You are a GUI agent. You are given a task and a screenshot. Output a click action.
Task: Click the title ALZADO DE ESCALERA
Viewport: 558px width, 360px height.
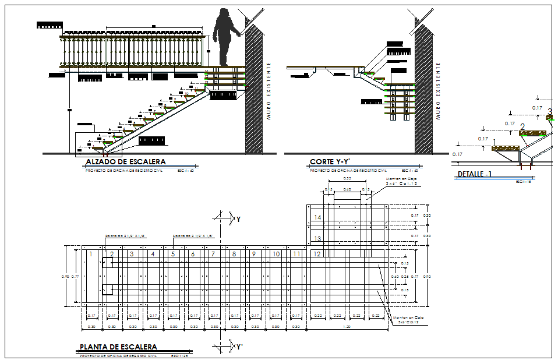pos(125,162)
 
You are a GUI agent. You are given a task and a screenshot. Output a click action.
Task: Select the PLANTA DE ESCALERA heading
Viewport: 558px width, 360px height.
pos(118,347)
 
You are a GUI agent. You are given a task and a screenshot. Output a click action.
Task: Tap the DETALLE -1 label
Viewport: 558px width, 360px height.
pos(475,174)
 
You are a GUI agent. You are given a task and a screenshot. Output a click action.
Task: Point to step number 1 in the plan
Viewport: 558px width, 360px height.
pos(91,253)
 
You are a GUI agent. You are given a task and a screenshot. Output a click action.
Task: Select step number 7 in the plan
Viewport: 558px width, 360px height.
pos(213,254)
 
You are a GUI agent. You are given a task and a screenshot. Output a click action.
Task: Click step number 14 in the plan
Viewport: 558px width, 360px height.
pos(317,217)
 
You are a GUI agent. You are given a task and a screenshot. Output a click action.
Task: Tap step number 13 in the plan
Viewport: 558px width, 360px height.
pos(317,238)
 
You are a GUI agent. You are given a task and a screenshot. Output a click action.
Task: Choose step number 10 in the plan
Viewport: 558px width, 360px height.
pos(276,254)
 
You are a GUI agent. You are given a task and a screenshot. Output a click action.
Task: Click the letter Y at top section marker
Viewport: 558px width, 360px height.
pos(238,219)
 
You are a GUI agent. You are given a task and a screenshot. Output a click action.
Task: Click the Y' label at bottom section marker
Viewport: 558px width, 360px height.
pos(239,347)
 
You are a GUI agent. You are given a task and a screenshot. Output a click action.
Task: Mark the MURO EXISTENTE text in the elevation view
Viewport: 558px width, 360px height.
pos(269,90)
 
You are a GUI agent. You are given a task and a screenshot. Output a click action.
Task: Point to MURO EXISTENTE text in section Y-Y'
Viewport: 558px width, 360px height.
pos(438,90)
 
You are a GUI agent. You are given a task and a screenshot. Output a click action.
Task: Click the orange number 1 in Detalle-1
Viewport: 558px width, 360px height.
pos(495,142)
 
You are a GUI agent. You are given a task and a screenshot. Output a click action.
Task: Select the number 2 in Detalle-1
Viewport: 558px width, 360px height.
pos(522,127)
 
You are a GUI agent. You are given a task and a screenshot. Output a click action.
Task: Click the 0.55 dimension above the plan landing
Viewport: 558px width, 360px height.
pos(347,178)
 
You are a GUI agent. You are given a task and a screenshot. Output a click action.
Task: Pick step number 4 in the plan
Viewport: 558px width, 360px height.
pos(153,254)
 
